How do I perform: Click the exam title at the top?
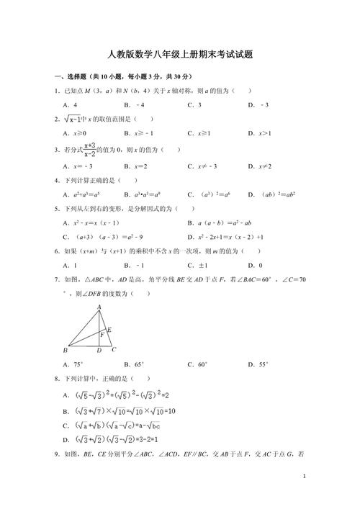click(180, 55)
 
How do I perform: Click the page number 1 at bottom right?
click(305, 476)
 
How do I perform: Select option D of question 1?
click(258, 104)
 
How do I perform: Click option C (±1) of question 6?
click(199, 265)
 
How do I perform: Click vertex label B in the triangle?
click(66, 350)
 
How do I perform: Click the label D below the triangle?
click(99, 351)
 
